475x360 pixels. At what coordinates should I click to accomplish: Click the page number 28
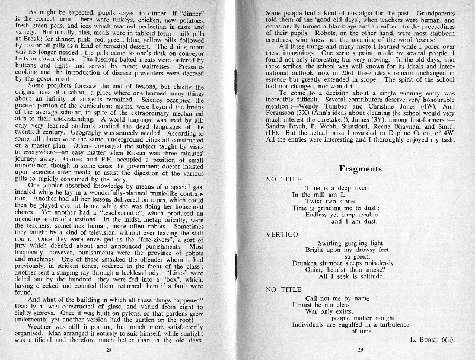click(x=109, y=351)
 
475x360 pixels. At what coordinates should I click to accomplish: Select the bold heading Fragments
click(x=359, y=169)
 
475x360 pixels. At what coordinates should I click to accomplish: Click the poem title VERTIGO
click(x=282, y=234)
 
